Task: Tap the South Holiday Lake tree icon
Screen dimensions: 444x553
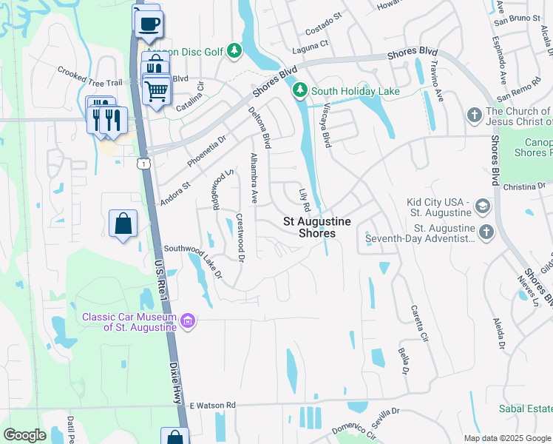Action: point(299,91)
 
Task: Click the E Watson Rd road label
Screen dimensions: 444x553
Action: point(211,406)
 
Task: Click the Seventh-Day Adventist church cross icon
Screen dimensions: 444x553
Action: point(486,232)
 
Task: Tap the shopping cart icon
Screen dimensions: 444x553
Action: point(156,91)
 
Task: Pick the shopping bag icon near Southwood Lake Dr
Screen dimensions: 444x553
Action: point(123,224)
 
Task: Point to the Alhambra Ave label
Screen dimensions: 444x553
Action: point(254,178)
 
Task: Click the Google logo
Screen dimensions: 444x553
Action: point(24,435)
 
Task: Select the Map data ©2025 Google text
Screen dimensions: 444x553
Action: point(506,438)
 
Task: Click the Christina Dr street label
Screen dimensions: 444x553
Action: point(526,188)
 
